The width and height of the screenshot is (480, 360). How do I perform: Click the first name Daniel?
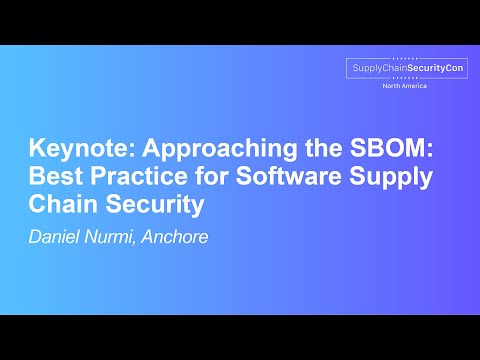click(55, 237)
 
